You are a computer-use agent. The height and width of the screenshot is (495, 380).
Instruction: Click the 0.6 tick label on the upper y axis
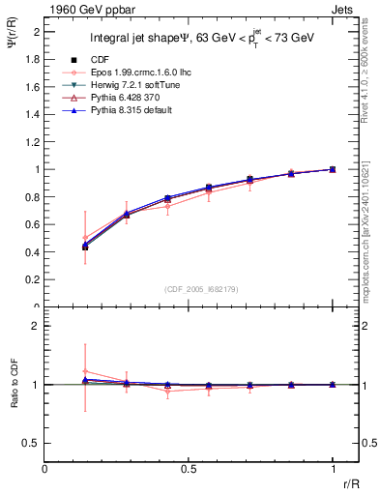click(33, 224)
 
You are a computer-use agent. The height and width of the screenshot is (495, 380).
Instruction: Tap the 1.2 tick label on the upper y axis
click(33, 142)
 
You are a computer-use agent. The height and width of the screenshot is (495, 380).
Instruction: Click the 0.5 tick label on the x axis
click(189, 468)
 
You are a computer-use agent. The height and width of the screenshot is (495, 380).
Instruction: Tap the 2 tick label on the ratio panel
click(37, 326)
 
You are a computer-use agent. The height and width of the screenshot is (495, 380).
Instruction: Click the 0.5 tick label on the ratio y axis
click(33, 443)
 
